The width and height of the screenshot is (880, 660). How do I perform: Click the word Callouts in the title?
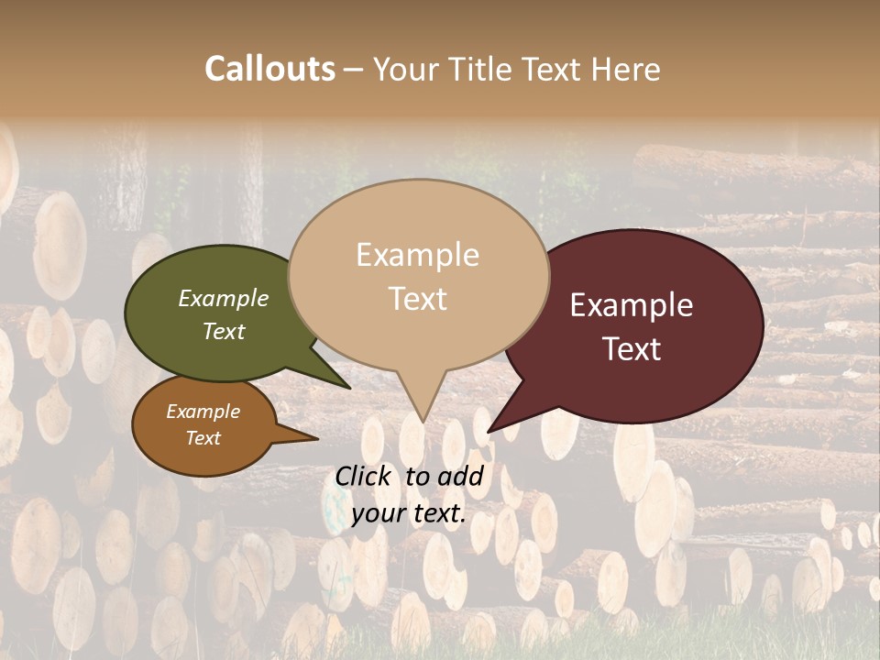click(x=269, y=69)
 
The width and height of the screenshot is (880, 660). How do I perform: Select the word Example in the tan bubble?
click(x=417, y=255)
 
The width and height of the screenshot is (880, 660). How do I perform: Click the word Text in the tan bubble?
click(x=417, y=298)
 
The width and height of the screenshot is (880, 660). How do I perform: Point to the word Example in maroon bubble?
click(x=632, y=305)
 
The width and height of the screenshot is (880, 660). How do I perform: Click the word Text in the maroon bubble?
click(x=632, y=349)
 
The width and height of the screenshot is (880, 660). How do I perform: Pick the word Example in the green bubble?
click(x=224, y=298)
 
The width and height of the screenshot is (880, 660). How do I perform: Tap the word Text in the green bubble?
click(x=224, y=331)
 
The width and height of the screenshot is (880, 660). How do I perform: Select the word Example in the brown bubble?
click(x=203, y=412)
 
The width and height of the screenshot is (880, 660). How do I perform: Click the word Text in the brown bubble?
click(x=203, y=438)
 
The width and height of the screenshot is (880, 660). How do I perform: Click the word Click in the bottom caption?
click(x=364, y=476)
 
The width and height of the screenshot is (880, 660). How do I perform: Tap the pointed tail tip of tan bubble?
click(x=422, y=422)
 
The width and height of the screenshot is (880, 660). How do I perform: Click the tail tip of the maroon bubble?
click(x=489, y=432)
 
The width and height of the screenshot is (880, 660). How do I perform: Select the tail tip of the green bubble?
click(x=350, y=388)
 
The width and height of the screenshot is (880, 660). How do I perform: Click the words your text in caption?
click(x=409, y=513)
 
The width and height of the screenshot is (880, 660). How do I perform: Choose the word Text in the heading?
click(x=554, y=69)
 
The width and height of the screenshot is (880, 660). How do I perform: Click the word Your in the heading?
click(x=406, y=69)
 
